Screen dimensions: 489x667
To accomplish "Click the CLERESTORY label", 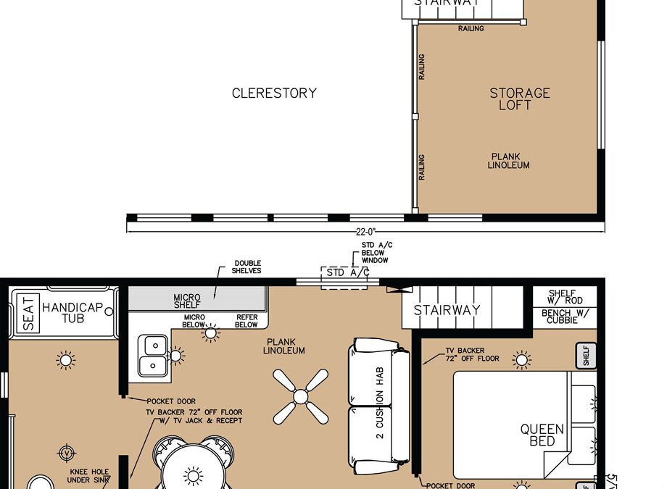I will pyautogui.click(x=274, y=93).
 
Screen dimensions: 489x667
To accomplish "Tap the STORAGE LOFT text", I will pyautogui.click(x=519, y=99).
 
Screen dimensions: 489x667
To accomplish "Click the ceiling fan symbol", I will pyautogui.click(x=301, y=396).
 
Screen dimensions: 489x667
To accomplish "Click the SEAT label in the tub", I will pyautogui.click(x=28, y=313).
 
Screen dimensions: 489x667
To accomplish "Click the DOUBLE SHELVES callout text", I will pyautogui.click(x=247, y=267).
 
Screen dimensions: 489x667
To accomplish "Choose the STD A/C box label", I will pyautogui.click(x=347, y=273).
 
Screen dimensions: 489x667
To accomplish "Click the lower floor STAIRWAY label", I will pyautogui.click(x=447, y=310).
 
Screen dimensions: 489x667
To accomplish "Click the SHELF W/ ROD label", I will pyautogui.click(x=562, y=297).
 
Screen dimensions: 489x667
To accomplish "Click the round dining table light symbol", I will pyautogui.click(x=194, y=475).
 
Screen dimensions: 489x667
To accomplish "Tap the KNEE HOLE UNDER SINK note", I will pyautogui.click(x=88, y=475).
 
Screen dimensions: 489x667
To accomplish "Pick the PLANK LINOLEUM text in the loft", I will pyautogui.click(x=509, y=161).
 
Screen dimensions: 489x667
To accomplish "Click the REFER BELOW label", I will pyautogui.click(x=246, y=321).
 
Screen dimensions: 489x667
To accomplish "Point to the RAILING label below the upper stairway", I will pyautogui.click(x=471, y=29).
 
